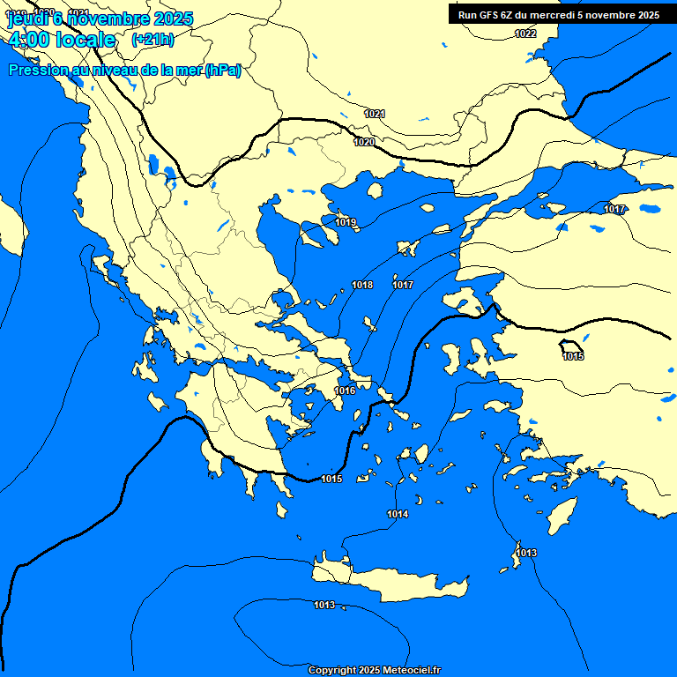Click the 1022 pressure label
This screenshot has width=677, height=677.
pos(525,33)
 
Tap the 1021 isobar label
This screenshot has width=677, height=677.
pos(375,114)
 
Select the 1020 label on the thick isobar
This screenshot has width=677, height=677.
pos(364,142)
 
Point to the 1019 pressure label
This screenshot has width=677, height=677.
pos(346,223)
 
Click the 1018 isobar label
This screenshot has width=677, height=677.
pos(361,285)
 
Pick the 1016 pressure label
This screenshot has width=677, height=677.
pos(345,391)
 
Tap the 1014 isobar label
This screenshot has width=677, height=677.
pos(398,514)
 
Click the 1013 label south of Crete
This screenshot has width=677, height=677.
pos(324,605)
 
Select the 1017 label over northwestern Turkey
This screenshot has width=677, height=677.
pos(614,209)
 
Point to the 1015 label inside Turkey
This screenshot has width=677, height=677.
pos(573,356)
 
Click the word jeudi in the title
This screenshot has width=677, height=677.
pos(26,19)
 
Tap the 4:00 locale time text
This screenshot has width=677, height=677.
pos(63,40)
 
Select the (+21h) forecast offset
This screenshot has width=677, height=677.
pos(153,40)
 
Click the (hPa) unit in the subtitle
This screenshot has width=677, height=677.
pos(222,71)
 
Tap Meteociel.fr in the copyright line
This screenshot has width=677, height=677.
pos(411,671)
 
